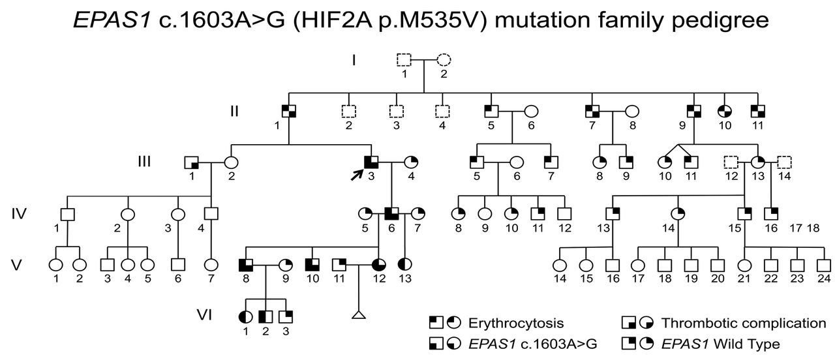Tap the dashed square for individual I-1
click(404, 60)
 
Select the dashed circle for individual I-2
click(444, 60)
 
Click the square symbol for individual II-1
click(289, 111)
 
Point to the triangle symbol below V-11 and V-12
click(357, 316)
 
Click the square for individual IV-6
click(391, 213)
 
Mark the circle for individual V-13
click(404, 265)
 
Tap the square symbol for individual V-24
click(824, 265)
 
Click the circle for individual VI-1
click(246, 317)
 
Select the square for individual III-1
click(191, 162)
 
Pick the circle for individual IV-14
click(679, 213)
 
